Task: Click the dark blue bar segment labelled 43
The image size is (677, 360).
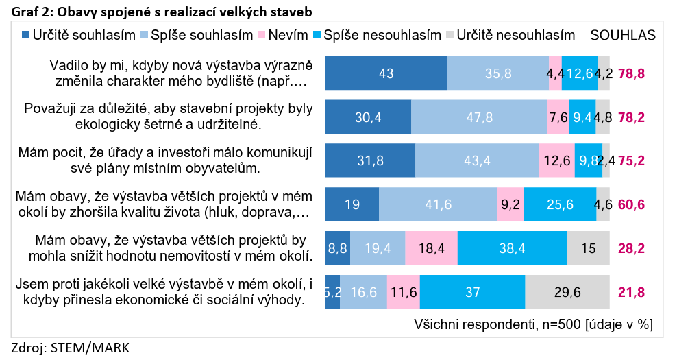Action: point(386,73)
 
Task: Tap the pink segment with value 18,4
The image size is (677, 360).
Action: point(431,248)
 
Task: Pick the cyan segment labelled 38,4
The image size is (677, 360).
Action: point(512,248)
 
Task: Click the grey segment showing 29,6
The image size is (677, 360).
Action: point(567,292)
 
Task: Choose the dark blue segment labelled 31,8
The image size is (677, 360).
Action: point(369,160)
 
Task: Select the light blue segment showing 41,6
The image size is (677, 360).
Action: point(438,204)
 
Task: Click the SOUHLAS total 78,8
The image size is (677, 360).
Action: point(632,73)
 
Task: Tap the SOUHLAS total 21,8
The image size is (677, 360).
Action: point(632,292)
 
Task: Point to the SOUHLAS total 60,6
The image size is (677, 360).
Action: point(632,204)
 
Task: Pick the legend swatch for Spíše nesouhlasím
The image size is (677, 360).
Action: point(317,35)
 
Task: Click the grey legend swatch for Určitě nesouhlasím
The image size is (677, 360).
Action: point(450,35)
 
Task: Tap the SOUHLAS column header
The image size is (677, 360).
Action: point(622,35)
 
